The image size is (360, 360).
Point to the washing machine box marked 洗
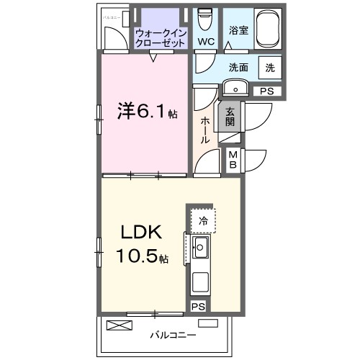coord(269,68)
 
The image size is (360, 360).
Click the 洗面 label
coord(238,68)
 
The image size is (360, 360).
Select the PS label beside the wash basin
coord(266,91)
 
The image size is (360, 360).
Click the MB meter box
coord(234,158)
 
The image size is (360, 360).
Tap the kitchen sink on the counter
coord(200,249)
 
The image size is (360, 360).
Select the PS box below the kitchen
coord(198,307)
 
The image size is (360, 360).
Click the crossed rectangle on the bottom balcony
coord(120,325)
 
